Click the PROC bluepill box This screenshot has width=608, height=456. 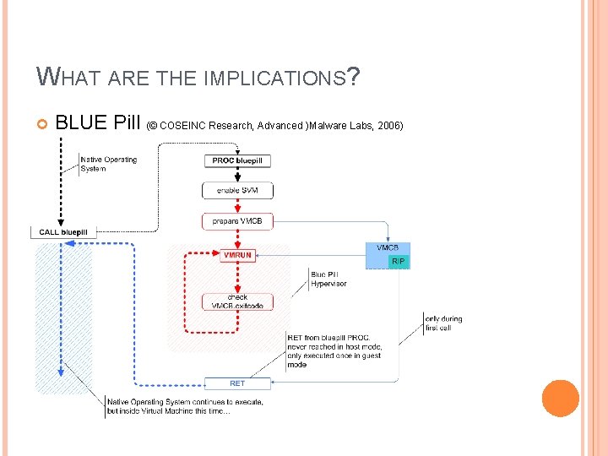pos(237,161)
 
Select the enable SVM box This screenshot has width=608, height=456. pos(237,190)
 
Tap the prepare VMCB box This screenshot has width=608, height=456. pos(237,222)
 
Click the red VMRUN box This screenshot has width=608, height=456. pos(237,255)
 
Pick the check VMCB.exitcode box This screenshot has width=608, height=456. pos(237,301)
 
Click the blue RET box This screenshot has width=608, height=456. pos(237,383)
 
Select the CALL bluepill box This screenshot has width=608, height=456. pos(63,232)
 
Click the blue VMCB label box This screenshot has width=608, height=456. pos(388,248)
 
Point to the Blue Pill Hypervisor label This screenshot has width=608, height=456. pos(328,279)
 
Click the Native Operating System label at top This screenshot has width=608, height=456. pos(108,164)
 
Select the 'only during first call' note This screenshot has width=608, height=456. pos(442,323)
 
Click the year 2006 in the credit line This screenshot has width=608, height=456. pos(391,126)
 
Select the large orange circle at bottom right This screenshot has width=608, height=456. pos(560,399)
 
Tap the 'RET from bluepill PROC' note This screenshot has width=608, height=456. pos(334,351)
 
